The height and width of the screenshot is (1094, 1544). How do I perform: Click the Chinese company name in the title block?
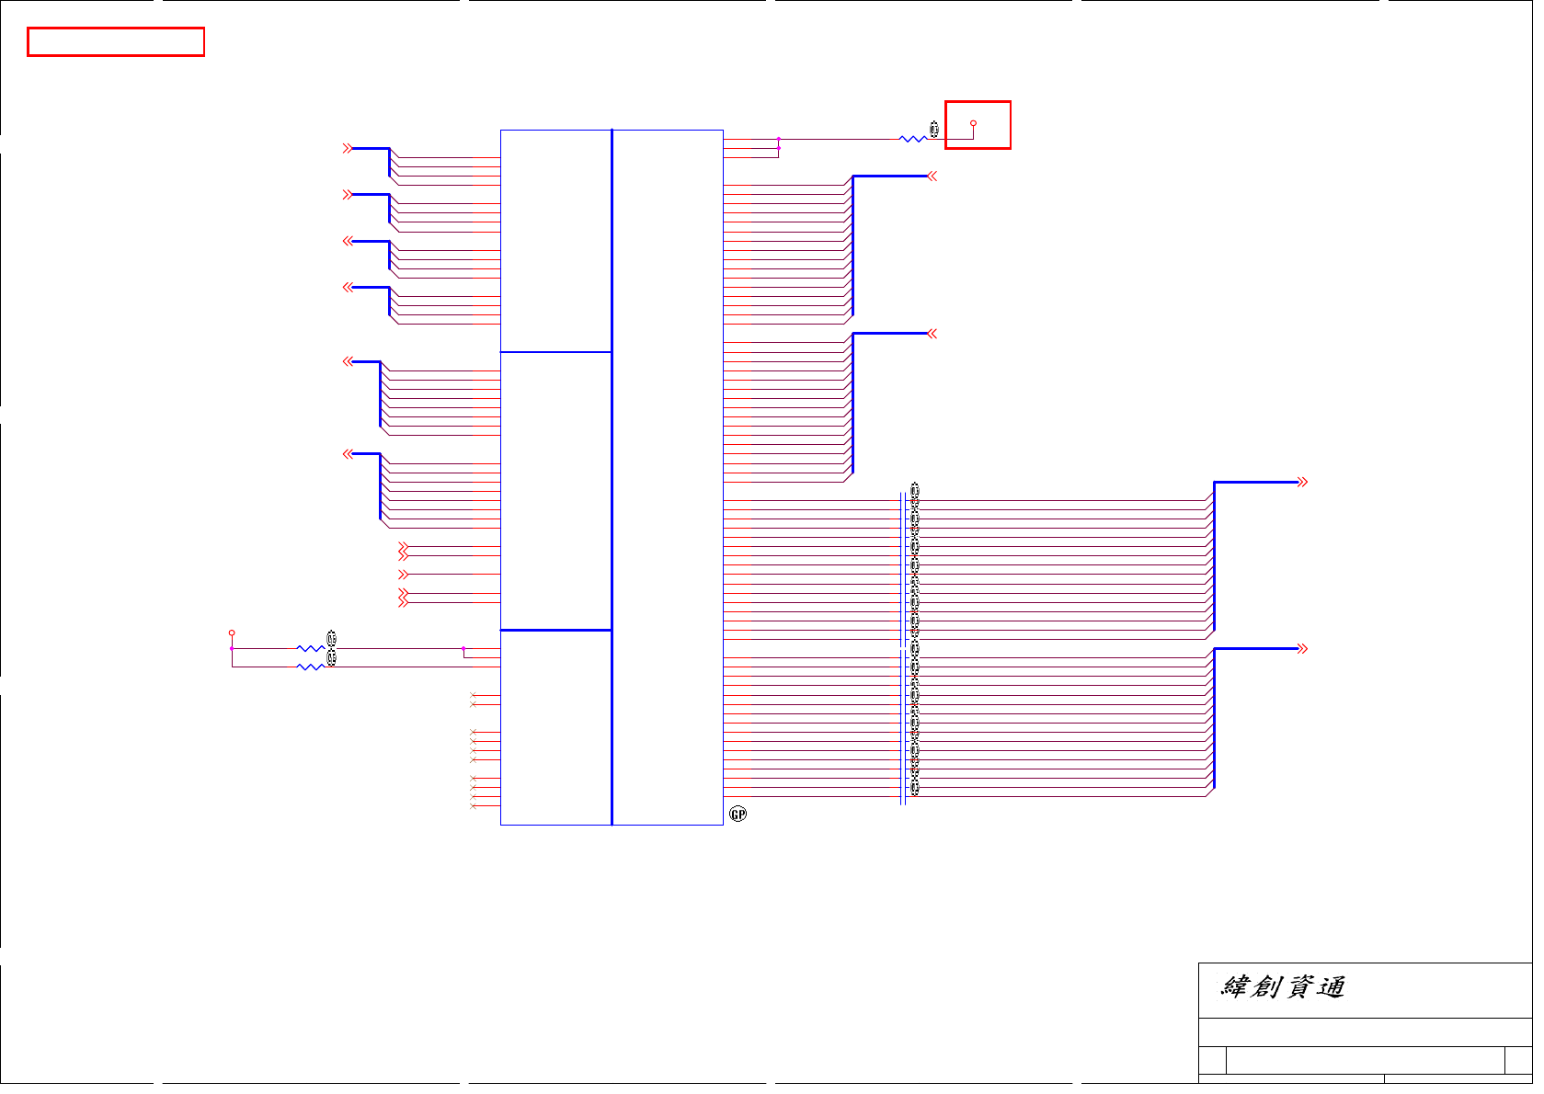pyautogui.click(x=1283, y=987)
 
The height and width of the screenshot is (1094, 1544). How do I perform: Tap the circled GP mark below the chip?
pyautogui.click(x=738, y=814)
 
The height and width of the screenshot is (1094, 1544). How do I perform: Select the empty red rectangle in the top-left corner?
pyautogui.click(x=116, y=42)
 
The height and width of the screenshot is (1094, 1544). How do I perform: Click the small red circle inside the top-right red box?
pyautogui.click(x=973, y=123)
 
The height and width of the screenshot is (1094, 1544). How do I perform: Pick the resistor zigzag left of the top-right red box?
pyautogui.click(x=912, y=139)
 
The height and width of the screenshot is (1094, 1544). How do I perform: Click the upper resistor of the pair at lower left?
pyautogui.click(x=310, y=649)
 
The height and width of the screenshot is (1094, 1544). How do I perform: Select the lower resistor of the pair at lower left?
pyautogui.click(x=310, y=667)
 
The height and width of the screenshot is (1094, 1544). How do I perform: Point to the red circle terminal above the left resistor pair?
pyautogui.click(x=232, y=633)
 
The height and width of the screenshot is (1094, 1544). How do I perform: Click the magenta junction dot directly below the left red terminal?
pyautogui.click(x=232, y=649)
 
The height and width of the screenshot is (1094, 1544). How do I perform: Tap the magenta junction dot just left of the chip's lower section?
pyautogui.click(x=463, y=649)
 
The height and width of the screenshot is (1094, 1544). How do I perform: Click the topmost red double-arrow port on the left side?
pyautogui.click(x=348, y=148)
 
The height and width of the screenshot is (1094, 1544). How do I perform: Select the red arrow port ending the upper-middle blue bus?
pyautogui.click(x=932, y=177)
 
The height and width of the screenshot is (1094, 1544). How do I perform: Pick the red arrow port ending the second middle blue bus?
pyautogui.click(x=932, y=334)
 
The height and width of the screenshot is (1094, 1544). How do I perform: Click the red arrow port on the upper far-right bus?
pyautogui.click(x=1302, y=482)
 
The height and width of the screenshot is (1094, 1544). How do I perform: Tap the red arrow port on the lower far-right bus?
pyautogui.click(x=1302, y=649)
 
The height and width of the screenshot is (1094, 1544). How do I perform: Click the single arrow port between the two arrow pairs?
pyautogui.click(x=403, y=575)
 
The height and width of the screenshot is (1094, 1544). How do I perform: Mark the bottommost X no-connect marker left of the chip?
pyautogui.click(x=473, y=806)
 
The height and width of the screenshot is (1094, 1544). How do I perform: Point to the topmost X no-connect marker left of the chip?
pyautogui.click(x=473, y=695)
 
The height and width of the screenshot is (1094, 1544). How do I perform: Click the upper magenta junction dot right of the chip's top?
pyautogui.click(x=779, y=139)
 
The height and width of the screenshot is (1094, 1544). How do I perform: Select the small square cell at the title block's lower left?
pyautogui.click(x=1212, y=1060)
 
